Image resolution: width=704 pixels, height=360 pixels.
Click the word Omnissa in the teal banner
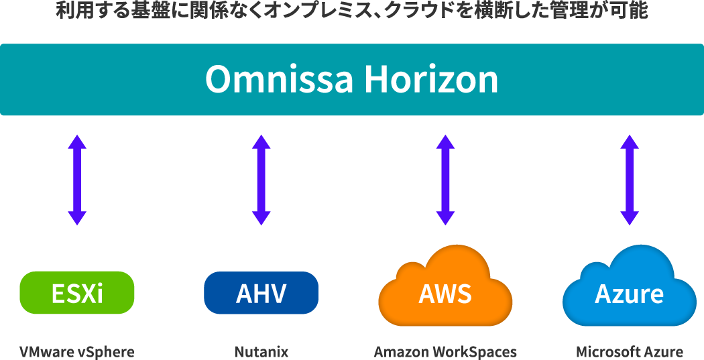[x=279, y=80]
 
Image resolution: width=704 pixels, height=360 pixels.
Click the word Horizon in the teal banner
[x=431, y=80]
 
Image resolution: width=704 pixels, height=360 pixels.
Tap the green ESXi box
[x=77, y=293]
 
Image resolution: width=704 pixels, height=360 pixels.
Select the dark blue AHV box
[x=261, y=293]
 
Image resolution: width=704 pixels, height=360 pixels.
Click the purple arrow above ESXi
[x=77, y=180]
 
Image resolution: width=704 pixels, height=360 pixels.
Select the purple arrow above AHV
[x=261, y=180]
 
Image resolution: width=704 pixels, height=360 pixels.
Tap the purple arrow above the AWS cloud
[x=445, y=180]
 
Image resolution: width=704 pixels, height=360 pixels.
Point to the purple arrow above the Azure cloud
[x=629, y=180]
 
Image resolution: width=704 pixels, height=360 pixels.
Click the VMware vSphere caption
[x=76, y=352]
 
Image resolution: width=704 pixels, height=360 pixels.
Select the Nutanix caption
[x=261, y=352]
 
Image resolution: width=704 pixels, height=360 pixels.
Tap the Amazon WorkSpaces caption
[x=445, y=352]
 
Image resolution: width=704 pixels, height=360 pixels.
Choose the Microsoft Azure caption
[x=629, y=352]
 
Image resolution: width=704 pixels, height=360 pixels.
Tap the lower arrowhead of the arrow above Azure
[x=629, y=218]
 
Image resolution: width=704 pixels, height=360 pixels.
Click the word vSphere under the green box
[x=107, y=352]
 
